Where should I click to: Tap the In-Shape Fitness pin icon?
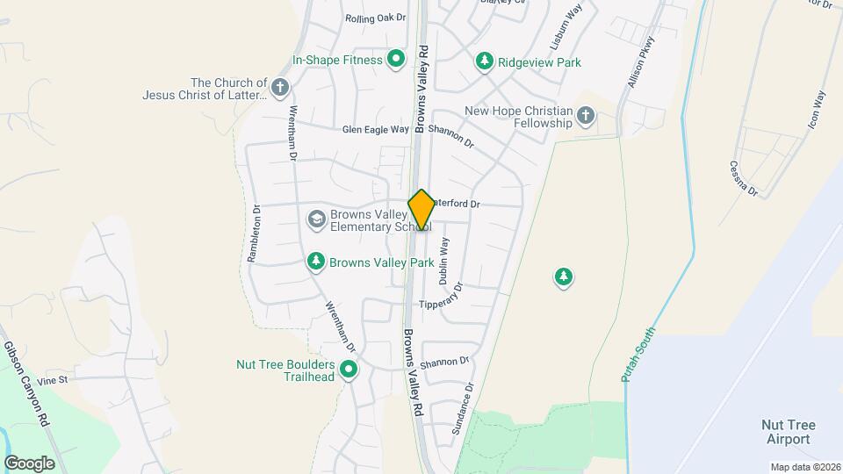[x=396, y=60]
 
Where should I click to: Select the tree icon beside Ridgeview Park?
[x=484, y=61]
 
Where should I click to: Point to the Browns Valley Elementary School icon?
[x=316, y=219]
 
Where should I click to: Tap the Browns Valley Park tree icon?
[x=316, y=261]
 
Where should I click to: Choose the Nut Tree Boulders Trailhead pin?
[x=349, y=370]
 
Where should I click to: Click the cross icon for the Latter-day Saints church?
[x=280, y=87]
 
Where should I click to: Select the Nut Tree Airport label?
[x=788, y=431]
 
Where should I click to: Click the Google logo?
[x=29, y=463]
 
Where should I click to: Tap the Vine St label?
[x=52, y=379]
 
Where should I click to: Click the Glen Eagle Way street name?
[x=375, y=129]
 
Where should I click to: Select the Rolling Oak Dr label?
[x=376, y=18]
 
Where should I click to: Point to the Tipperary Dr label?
[x=440, y=298]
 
